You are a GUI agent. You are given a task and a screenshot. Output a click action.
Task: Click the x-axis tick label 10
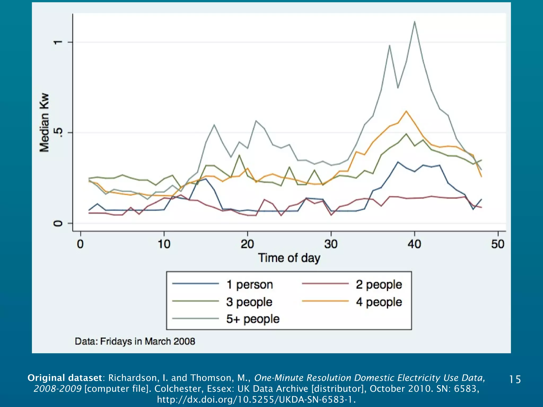coord(164,244)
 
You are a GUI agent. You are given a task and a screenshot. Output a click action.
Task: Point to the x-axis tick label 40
coord(414,244)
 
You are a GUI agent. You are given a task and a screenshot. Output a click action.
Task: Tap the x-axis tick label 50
coord(498,244)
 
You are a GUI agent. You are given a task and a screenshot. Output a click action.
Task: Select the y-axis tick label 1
coord(58,42)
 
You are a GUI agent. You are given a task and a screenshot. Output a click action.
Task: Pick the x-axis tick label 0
coord(80,244)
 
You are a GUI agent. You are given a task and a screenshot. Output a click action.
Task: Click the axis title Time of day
coord(289,258)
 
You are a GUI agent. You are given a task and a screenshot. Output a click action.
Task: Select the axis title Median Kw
coord(45,122)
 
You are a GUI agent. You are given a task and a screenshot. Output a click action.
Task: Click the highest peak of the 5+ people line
coord(414,22)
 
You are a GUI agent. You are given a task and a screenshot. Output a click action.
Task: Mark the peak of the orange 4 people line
coord(406,111)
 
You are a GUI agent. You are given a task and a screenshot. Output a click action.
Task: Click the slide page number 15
coord(515,379)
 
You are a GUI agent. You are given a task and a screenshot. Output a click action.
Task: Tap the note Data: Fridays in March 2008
coord(135,341)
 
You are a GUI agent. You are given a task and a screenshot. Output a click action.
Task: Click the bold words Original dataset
coord(65,378)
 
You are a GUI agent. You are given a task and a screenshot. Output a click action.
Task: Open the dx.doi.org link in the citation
coord(256,399)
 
